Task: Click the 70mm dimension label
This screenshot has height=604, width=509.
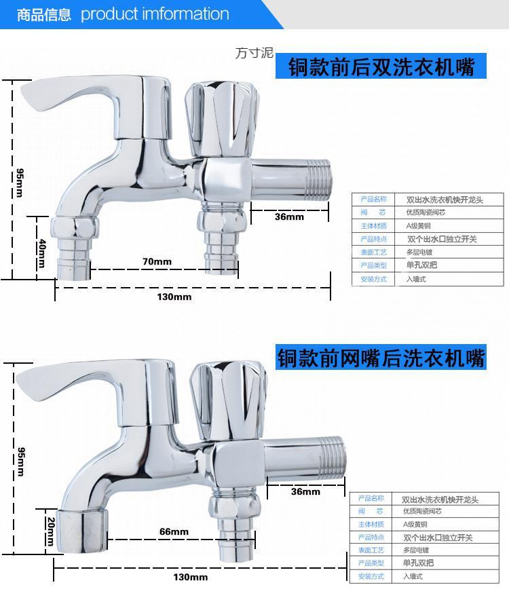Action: (156, 261)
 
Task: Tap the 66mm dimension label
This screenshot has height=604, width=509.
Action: (174, 531)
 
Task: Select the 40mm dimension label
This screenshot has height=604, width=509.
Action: (42, 252)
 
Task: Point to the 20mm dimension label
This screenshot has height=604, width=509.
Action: (50, 531)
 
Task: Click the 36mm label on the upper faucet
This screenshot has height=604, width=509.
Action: (289, 216)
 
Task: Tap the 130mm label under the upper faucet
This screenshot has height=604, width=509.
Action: (174, 297)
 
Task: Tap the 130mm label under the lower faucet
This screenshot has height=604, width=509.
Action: (190, 577)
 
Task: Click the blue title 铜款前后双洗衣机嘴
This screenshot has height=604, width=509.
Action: (381, 67)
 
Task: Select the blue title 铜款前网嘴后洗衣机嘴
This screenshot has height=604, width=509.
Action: (381, 358)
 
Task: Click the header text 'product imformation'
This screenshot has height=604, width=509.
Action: (155, 14)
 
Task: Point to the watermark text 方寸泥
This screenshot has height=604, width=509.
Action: (254, 53)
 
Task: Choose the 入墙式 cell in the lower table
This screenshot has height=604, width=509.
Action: (413, 575)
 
